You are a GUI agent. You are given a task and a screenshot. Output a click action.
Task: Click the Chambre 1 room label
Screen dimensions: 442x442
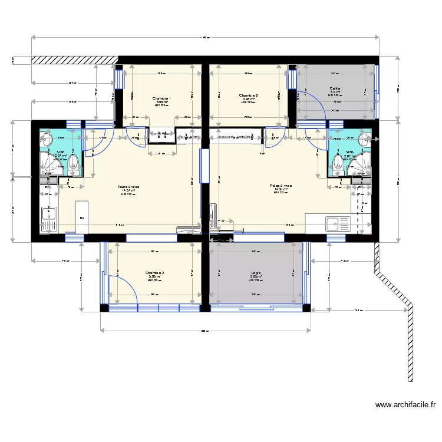(x=161, y=98)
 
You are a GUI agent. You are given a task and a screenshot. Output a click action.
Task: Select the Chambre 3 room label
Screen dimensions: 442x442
(x=248, y=95)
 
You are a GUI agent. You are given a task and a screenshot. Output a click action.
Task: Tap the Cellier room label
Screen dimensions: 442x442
(x=335, y=89)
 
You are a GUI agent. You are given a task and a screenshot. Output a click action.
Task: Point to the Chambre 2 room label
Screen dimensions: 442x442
(x=154, y=273)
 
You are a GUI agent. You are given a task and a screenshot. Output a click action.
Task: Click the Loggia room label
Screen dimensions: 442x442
(x=256, y=273)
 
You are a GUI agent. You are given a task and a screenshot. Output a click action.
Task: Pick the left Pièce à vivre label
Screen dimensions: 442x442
(x=128, y=186)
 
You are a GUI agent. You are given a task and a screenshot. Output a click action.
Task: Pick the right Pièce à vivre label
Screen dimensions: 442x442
(x=281, y=186)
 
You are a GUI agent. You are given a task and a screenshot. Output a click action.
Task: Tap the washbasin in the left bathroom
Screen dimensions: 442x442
(x=45, y=140)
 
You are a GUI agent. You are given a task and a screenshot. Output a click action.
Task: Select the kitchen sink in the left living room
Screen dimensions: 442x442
(x=47, y=219)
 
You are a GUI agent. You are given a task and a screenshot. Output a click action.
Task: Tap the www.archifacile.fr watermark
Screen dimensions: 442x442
(x=405, y=405)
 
